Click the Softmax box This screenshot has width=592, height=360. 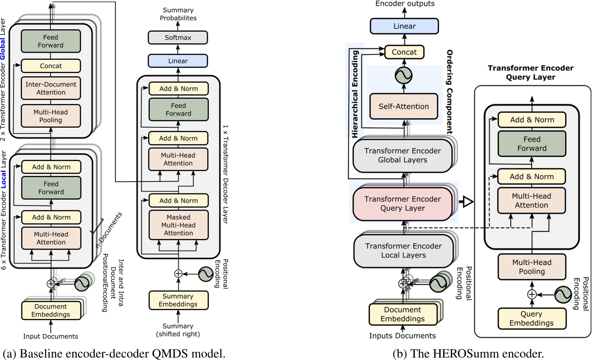pyautogui.click(x=178, y=38)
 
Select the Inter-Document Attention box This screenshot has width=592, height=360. pyautogui.click(x=51, y=88)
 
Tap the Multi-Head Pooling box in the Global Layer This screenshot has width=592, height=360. pyautogui.click(x=51, y=116)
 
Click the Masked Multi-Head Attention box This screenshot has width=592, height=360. pyautogui.click(x=178, y=225)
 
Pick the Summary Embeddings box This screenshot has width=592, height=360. pyautogui.click(x=178, y=300)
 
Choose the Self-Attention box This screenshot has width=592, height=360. pyautogui.click(x=404, y=106)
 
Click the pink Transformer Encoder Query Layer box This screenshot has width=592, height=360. pyautogui.click(x=402, y=204)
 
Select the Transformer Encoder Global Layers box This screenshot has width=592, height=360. pyautogui.click(x=402, y=155)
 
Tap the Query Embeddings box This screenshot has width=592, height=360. pyautogui.click(x=531, y=319)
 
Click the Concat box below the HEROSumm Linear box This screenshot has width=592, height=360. pyautogui.click(x=404, y=52)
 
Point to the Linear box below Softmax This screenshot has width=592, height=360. pyautogui.click(x=178, y=61)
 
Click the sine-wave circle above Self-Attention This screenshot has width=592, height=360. pyautogui.click(x=404, y=75)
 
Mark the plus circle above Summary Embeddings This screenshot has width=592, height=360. pyautogui.click(x=178, y=274)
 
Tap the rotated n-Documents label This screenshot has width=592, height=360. pyautogui.click(x=109, y=230)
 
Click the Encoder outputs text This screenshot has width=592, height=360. pyautogui.click(x=405, y=4)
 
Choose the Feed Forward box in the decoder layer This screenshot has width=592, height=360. pyautogui.click(x=178, y=110)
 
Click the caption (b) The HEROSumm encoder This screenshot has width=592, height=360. pyautogui.click(x=468, y=354)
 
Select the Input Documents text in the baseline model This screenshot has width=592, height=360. pyautogui.click(x=51, y=336)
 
